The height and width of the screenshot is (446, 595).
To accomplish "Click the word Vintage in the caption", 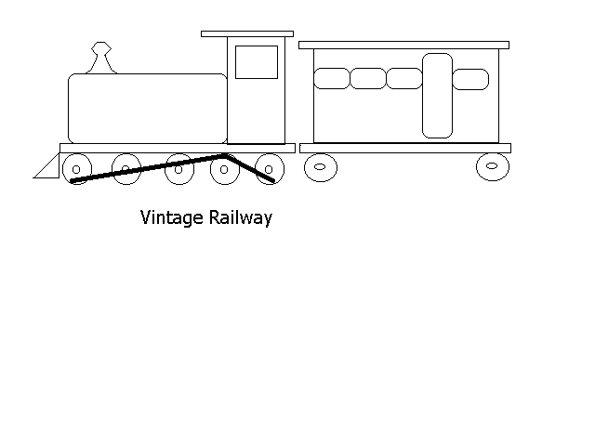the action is (171, 218).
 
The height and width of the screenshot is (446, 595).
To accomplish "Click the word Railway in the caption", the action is (241, 218).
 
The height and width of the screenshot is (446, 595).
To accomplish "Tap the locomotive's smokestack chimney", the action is (101, 58).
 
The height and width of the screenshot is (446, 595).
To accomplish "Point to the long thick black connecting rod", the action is (148, 167).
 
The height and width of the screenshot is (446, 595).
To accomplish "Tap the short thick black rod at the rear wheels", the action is (250, 167).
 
